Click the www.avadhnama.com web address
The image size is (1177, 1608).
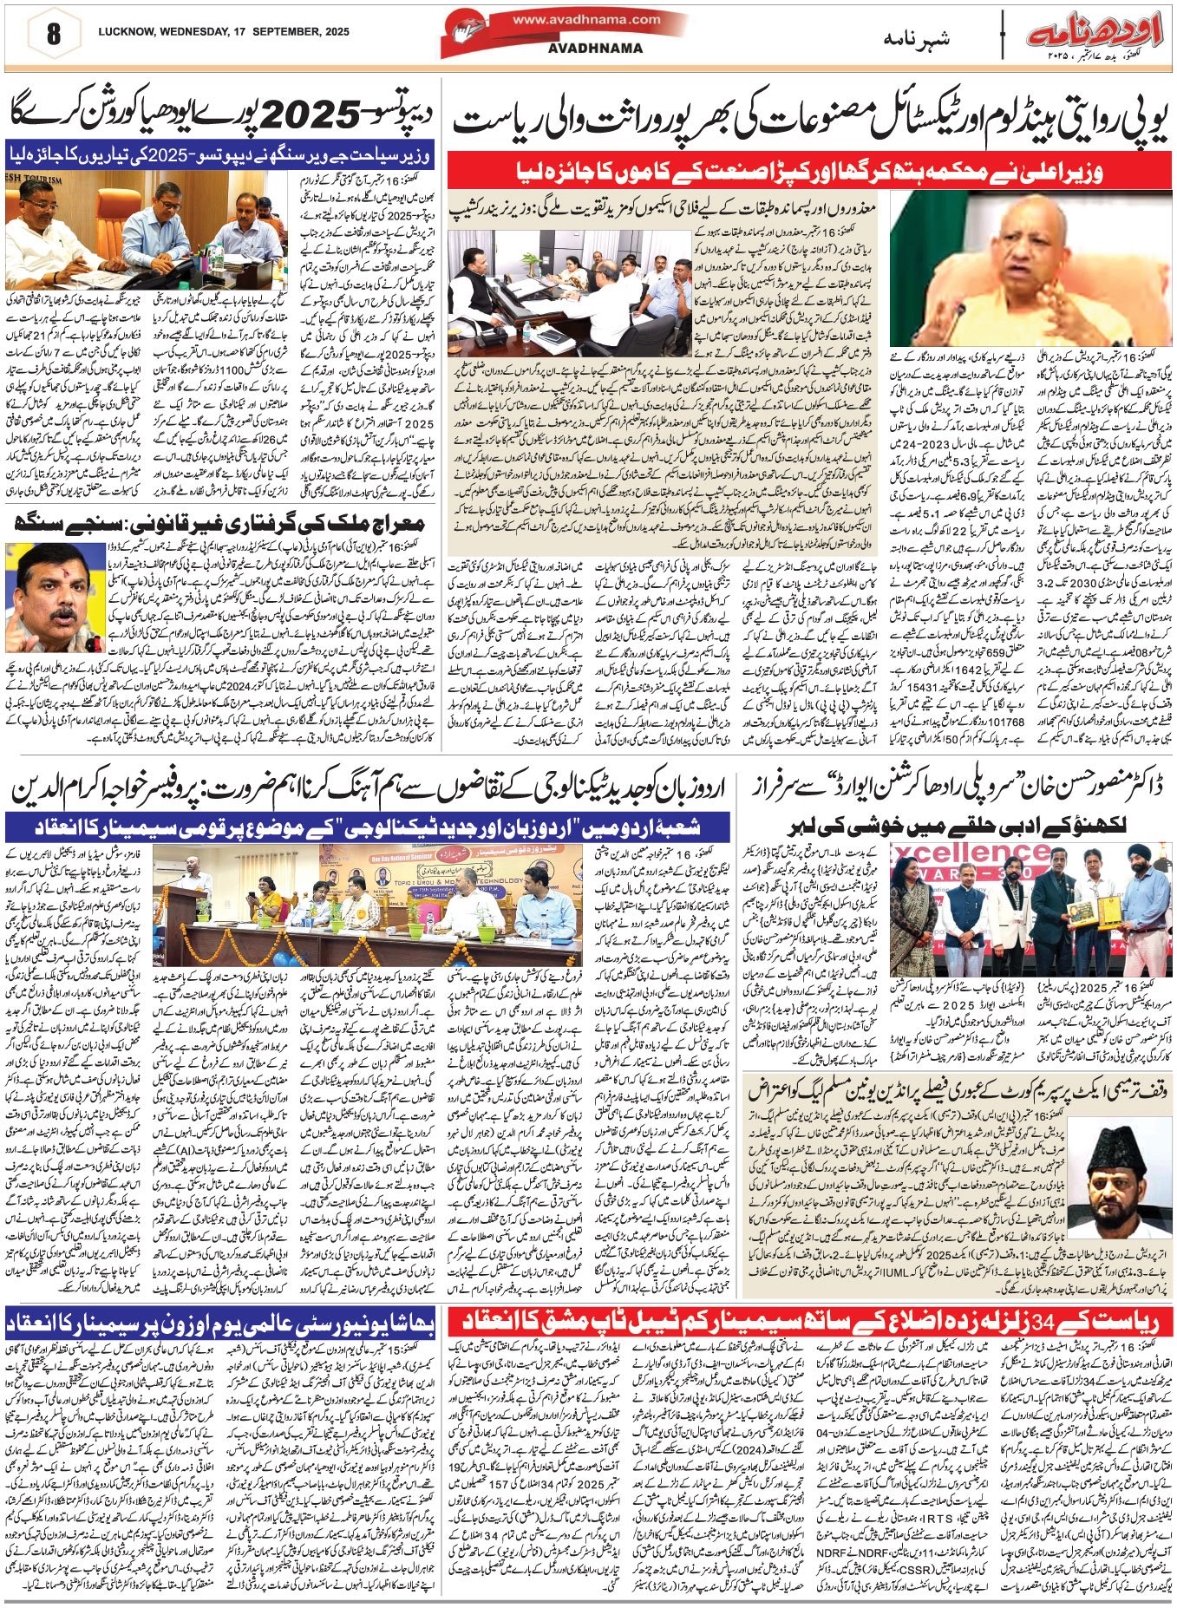(x=585, y=19)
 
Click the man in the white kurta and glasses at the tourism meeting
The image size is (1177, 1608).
(x=54, y=224)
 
